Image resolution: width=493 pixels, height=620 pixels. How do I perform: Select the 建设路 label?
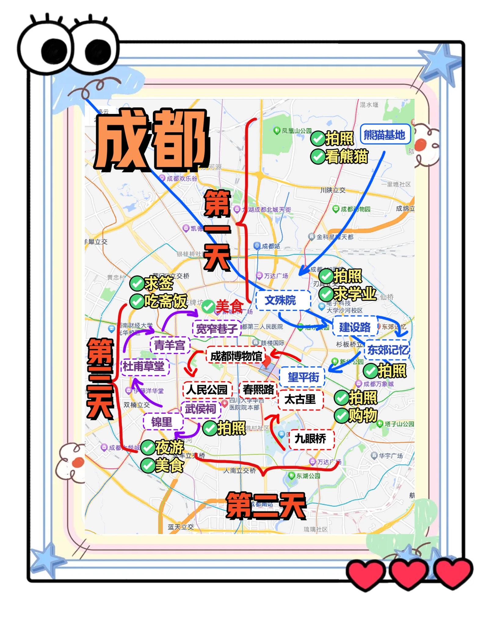(355, 327)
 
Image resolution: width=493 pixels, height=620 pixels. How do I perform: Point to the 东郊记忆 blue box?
(387, 350)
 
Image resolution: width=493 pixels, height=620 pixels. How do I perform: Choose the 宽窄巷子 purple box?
(216, 329)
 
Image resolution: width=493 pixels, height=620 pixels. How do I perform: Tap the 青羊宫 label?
(170, 345)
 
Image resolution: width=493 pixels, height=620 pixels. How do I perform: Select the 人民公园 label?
(207, 389)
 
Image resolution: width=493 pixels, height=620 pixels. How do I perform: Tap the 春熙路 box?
(258, 389)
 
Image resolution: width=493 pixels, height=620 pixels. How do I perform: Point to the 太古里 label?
(301, 399)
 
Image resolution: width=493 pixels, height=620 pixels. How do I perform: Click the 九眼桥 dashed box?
(311, 439)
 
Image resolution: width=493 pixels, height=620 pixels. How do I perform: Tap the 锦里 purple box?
(163, 422)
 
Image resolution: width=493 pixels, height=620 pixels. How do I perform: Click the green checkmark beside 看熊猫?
(317, 157)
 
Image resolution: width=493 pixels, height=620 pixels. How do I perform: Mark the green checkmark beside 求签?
(137, 283)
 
